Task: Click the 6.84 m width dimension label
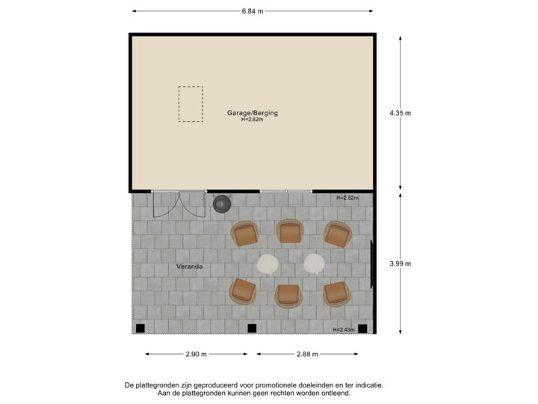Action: tap(253, 11)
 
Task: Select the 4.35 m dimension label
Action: tap(401, 113)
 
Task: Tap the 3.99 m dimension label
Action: tap(401, 263)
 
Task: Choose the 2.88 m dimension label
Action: tap(307, 354)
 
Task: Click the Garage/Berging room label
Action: tap(253, 113)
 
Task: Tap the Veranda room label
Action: tap(190, 266)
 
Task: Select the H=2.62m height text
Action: tap(253, 120)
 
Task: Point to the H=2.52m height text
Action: tap(347, 198)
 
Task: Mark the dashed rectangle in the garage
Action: tap(191, 104)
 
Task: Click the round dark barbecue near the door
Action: tap(222, 203)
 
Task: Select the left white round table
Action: tap(268, 263)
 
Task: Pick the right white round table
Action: tap(314, 263)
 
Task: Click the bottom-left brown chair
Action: tap(243, 290)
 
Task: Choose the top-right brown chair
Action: tap(338, 234)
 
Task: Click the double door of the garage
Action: tap(179, 203)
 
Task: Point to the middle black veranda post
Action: tap(252, 328)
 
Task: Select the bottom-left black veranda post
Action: tap(140, 328)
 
